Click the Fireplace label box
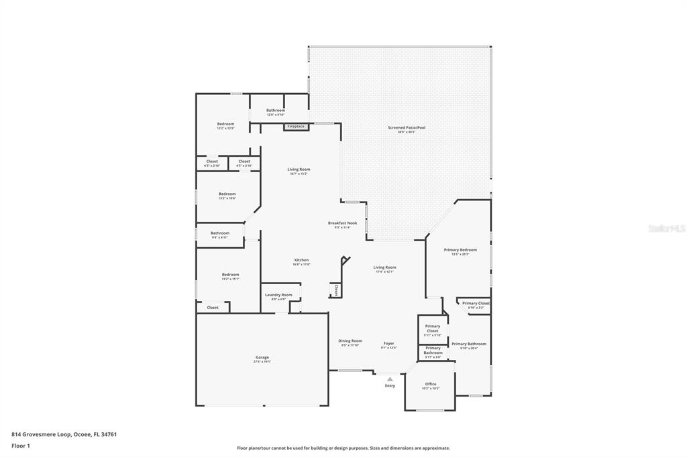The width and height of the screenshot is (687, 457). tap(296, 127)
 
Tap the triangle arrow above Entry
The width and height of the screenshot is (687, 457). tap(390, 379)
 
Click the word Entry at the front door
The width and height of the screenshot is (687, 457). tap(390, 386)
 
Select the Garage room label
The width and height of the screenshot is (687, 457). tap(262, 358)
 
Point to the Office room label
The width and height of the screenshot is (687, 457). tap(431, 385)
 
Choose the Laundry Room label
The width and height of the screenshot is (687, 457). tap(278, 296)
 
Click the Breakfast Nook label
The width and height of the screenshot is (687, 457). tap(342, 224)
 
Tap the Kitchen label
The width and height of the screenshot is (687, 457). tap(301, 261)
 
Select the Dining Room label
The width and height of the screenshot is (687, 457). tap(350, 341)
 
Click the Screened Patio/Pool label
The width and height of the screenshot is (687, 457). tap(407, 128)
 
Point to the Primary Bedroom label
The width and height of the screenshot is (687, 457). tap(460, 251)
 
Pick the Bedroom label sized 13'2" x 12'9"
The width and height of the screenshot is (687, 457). tap(225, 125)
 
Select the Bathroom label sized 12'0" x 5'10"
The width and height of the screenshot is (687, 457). tap(276, 111)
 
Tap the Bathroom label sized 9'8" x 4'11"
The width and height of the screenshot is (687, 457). tap(220, 234)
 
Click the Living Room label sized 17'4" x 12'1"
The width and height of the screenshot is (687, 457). tap(384, 268)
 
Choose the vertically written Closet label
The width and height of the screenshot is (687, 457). tap(336, 289)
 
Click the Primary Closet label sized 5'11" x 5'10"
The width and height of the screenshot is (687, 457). tap(433, 329)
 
